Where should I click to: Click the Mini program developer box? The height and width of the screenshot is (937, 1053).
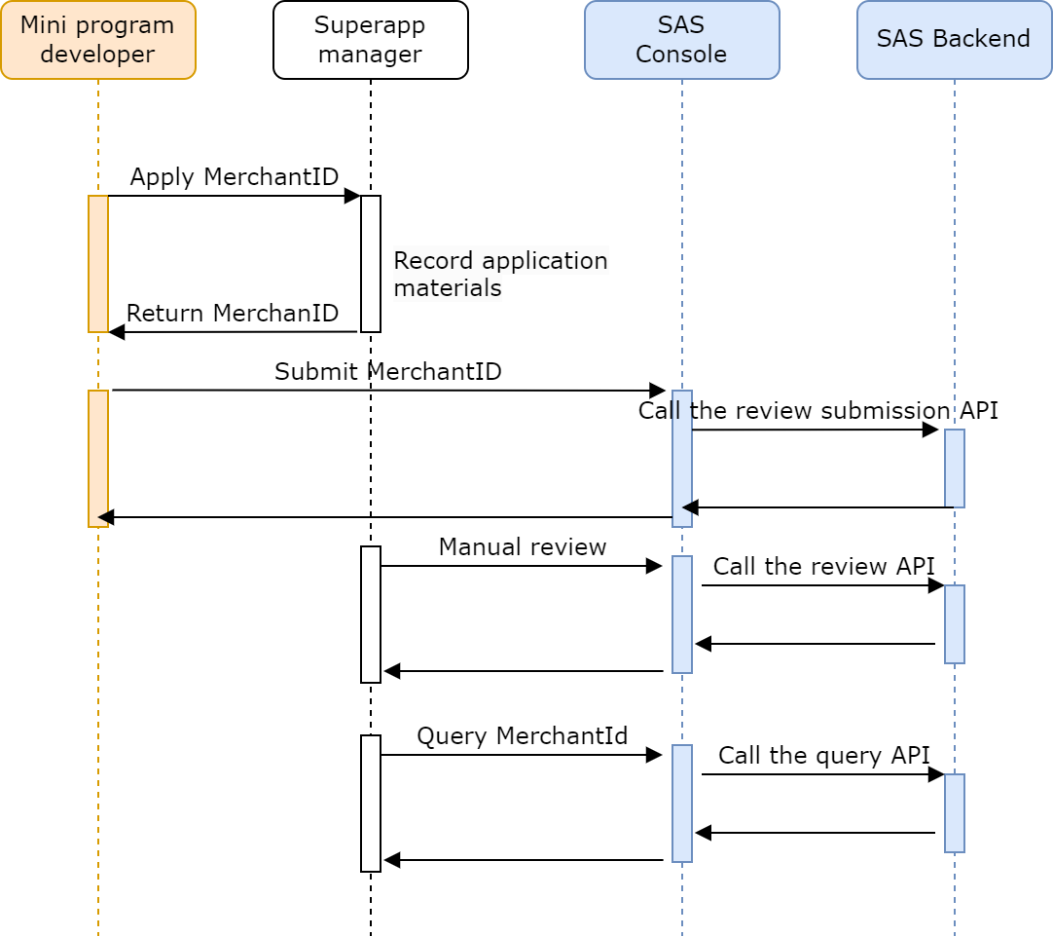coord(97,40)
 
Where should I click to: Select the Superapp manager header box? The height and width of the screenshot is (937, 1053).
coord(370,40)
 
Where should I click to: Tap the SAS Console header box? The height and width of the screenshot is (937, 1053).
coord(681,40)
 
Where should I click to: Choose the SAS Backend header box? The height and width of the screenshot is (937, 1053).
coord(954,40)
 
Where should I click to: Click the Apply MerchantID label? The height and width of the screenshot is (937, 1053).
coord(234,177)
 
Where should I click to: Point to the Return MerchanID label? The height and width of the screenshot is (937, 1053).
coord(233,314)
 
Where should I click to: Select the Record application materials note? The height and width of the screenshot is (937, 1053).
coord(500,275)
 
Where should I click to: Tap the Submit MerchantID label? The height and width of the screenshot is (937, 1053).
coord(387,372)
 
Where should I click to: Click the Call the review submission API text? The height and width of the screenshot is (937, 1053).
coord(817,411)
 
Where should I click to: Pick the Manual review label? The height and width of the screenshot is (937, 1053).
coord(522,547)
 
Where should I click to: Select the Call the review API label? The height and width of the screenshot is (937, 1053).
coord(823,567)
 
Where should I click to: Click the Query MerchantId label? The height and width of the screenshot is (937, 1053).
coord(522,736)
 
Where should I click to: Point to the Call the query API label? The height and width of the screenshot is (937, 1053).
coord(823,756)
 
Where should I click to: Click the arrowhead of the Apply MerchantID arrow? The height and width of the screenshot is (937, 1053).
coord(353,196)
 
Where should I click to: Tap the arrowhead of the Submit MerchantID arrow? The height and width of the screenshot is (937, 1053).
coord(659,391)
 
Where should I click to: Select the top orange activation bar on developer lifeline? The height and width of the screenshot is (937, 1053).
coord(98,264)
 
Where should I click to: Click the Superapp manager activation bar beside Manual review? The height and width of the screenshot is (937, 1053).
coord(371,615)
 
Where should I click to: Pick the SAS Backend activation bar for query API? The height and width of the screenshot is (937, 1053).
coord(955,813)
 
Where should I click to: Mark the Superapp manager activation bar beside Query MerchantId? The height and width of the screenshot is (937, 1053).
coord(371,804)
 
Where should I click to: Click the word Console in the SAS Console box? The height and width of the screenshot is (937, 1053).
coord(681,54)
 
